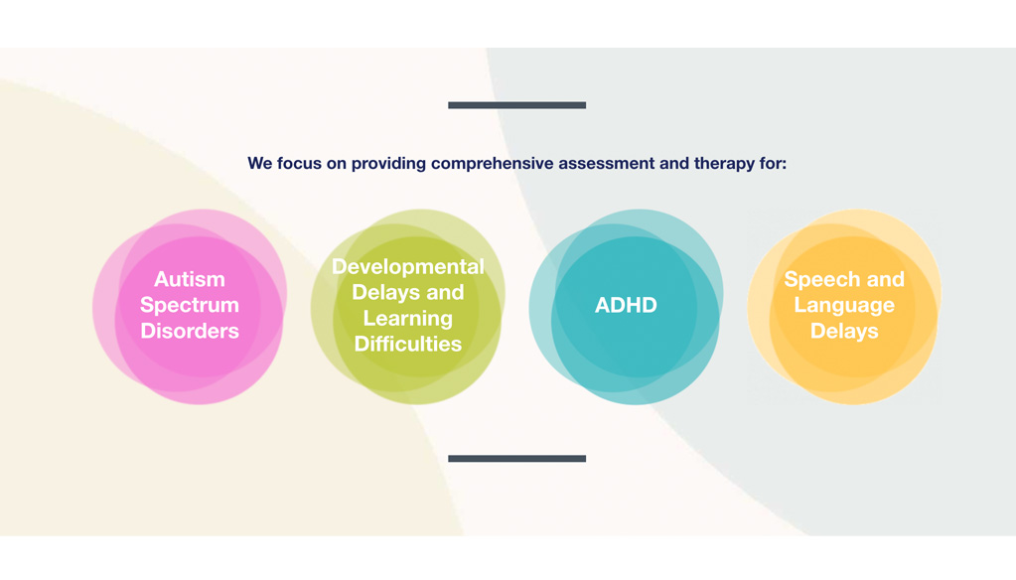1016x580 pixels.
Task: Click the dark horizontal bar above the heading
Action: [x=516, y=105]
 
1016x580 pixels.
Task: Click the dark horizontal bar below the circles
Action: [x=516, y=459]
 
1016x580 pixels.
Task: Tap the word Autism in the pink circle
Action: [x=189, y=279]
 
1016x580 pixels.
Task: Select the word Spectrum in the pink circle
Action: [x=189, y=305]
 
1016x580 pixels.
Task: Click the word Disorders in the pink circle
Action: [x=189, y=331]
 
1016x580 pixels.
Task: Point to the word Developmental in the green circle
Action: [x=407, y=267]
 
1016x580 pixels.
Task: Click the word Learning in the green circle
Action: [x=407, y=319]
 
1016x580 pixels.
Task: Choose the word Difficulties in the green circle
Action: [x=407, y=345]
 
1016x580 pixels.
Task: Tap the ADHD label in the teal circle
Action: [x=626, y=306]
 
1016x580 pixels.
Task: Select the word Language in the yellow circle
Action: [x=844, y=305]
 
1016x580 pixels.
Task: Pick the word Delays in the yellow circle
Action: [x=844, y=331]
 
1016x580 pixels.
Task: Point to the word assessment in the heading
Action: [x=605, y=164]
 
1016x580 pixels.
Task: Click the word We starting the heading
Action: [x=259, y=164]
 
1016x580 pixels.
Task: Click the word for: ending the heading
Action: [x=773, y=164]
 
